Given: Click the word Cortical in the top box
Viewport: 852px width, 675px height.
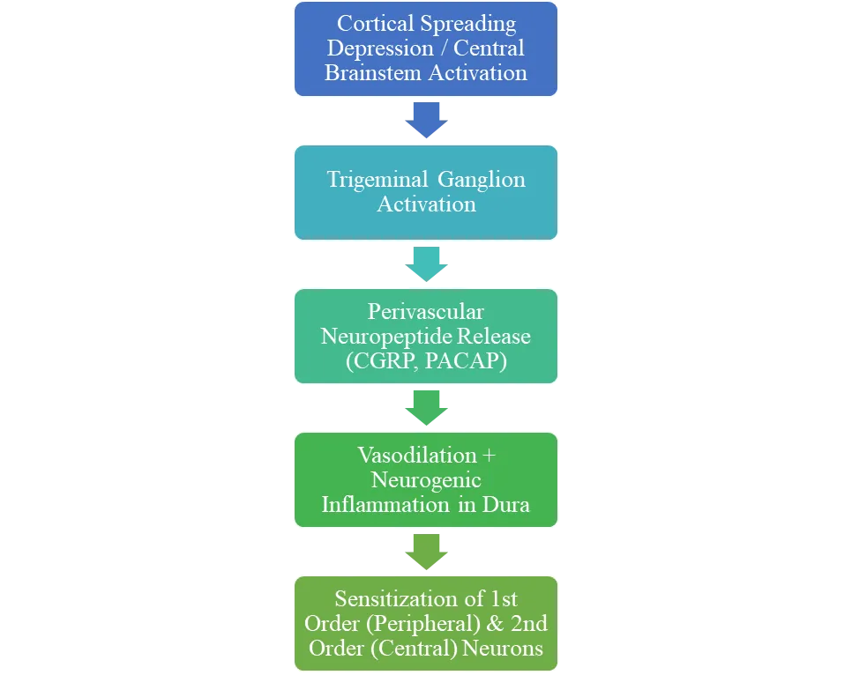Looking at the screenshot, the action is (376, 23).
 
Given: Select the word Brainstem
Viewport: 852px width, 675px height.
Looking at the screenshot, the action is (372, 73).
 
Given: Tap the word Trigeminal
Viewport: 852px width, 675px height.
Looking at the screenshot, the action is (377, 181).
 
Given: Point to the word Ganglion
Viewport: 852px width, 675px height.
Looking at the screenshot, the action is (482, 181).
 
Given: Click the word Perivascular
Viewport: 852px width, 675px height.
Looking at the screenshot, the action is (425, 311).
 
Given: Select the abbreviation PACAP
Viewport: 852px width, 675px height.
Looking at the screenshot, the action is (466, 360).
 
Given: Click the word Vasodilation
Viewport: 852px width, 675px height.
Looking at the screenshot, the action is (417, 455).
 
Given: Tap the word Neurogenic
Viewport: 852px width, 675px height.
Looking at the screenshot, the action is (426, 480).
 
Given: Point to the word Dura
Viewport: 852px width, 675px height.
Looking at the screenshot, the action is (506, 504).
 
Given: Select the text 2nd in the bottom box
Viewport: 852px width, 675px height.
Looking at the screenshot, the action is (528, 623).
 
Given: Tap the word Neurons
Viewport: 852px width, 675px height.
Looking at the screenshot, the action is (503, 648).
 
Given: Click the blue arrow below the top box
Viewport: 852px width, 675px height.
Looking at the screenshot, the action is (427, 120).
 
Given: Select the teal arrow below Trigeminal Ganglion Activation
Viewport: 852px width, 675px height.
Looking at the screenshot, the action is (427, 264).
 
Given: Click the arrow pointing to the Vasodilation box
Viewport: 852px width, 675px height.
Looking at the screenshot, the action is (427, 408).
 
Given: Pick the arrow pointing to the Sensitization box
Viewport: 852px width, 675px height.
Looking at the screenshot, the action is (427, 552).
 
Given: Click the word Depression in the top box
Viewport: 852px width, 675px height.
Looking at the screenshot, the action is (380, 48).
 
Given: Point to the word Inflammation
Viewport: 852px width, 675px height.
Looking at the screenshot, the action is (385, 504).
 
